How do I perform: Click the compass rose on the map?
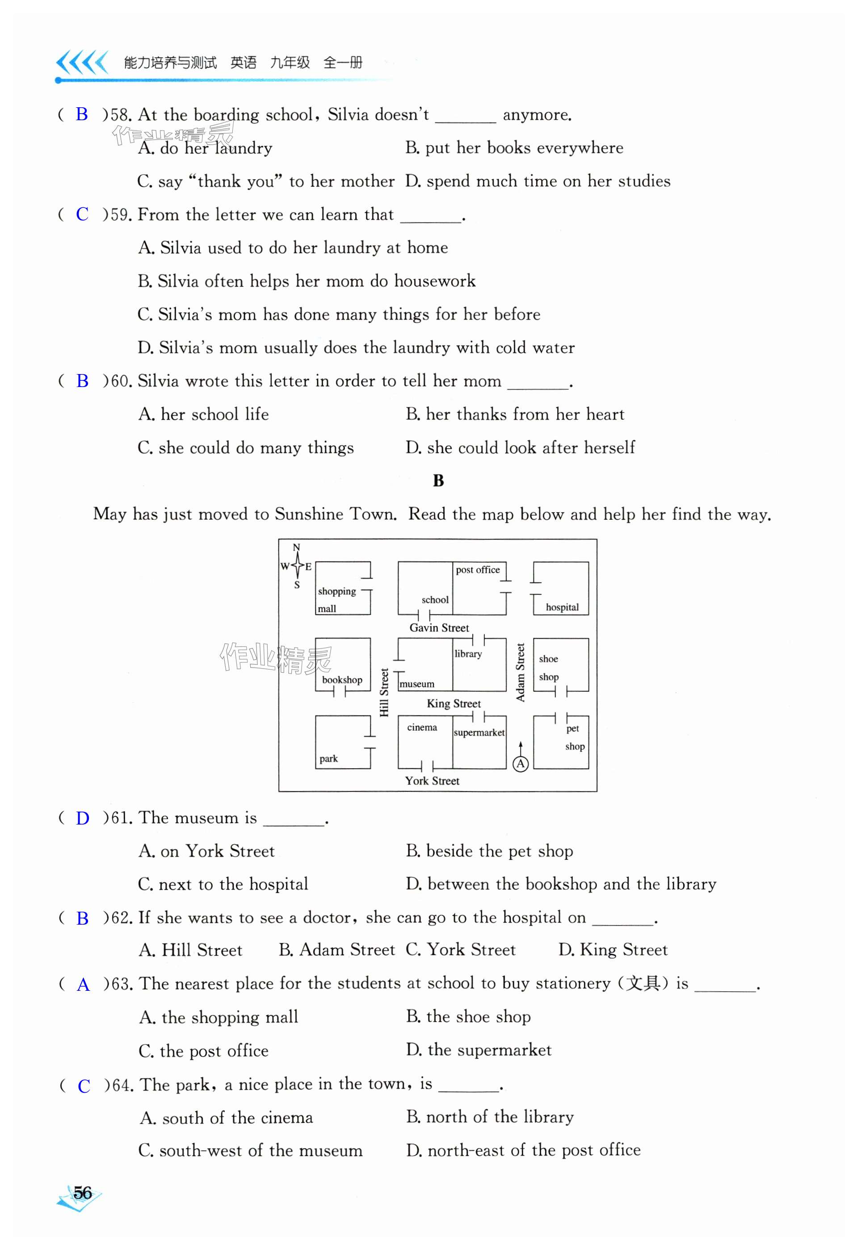(x=296, y=566)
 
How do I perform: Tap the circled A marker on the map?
(x=521, y=763)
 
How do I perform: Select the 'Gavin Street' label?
(x=439, y=628)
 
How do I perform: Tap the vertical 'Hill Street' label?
(x=384, y=692)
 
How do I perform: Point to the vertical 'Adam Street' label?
(x=520, y=672)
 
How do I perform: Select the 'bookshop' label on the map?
(x=342, y=680)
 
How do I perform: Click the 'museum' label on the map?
(x=417, y=684)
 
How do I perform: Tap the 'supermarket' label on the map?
(x=479, y=732)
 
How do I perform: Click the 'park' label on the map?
(x=328, y=759)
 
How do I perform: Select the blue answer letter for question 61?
(x=82, y=819)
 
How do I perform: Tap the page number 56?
(x=83, y=1192)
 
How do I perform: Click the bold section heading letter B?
(x=438, y=481)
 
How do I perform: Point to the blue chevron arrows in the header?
(x=82, y=63)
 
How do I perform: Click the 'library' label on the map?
(x=468, y=654)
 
